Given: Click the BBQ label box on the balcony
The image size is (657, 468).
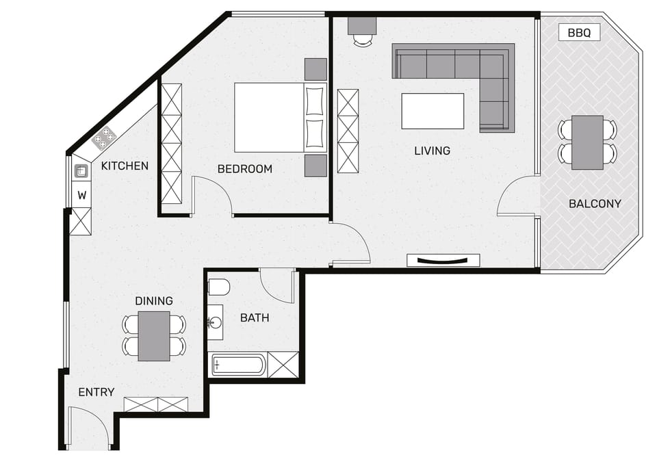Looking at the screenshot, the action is click(x=579, y=32).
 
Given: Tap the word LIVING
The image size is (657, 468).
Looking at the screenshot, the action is click(x=432, y=151).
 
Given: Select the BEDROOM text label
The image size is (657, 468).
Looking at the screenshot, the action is click(x=245, y=169).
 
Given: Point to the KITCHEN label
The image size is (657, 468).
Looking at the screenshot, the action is click(x=125, y=166).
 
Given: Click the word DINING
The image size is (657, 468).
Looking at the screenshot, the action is click(x=154, y=301).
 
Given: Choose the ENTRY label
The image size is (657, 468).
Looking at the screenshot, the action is click(x=96, y=392).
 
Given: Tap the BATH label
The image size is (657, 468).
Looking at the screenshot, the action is click(x=255, y=318).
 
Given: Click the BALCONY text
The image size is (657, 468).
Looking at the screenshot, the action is click(x=595, y=204).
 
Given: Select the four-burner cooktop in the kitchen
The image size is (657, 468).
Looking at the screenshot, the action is click(x=103, y=138).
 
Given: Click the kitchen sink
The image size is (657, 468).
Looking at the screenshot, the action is click(x=81, y=171).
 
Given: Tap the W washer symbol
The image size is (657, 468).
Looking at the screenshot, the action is click(x=81, y=195).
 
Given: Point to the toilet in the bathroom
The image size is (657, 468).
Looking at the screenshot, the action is click(x=219, y=287).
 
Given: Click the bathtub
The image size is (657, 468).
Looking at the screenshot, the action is click(x=239, y=365).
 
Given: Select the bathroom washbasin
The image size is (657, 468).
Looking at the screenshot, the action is click(x=216, y=322).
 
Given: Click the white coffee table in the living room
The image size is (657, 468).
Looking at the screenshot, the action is click(x=433, y=111).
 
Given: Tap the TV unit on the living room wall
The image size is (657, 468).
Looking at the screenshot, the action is click(x=443, y=260).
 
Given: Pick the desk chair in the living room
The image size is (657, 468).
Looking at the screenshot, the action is click(x=363, y=40).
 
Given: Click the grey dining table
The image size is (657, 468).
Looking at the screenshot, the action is click(x=154, y=336).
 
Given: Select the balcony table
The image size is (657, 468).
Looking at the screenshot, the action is click(x=587, y=142).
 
